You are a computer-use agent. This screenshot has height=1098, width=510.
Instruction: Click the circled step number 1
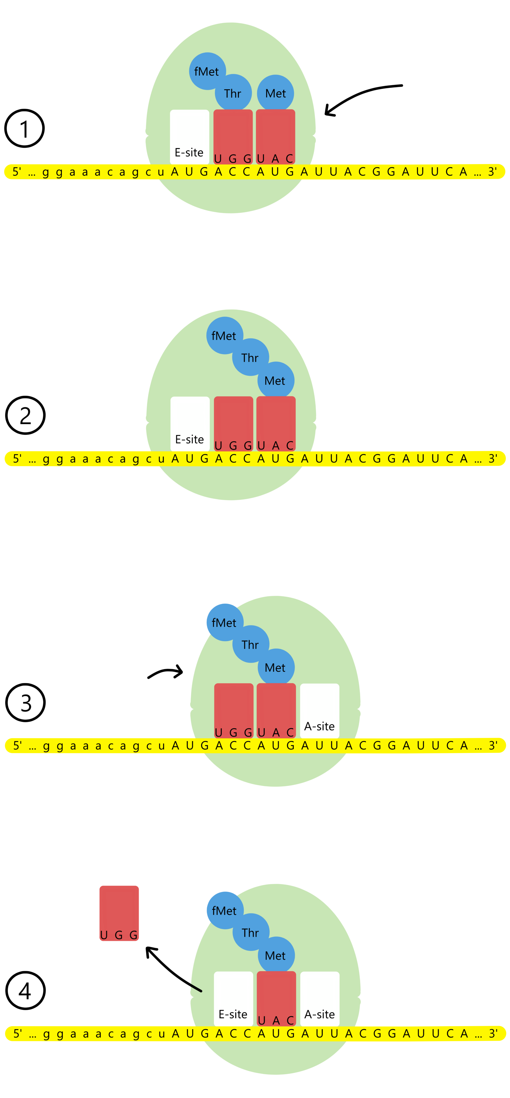point(24,128)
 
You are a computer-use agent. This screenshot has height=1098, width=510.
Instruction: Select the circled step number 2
point(25,415)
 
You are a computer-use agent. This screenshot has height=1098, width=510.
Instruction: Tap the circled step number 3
point(25,702)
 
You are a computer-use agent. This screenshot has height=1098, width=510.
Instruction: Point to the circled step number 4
point(25,990)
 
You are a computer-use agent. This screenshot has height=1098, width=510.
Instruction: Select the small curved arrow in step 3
point(165,672)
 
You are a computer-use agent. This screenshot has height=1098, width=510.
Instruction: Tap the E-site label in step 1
point(189,152)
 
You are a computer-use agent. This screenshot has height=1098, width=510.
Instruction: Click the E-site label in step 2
point(190,439)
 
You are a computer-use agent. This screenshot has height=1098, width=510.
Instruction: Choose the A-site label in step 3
point(320,726)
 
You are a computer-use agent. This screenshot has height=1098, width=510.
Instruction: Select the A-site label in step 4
point(320,1014)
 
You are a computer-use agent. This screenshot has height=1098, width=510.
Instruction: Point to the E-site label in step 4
point(233,1014)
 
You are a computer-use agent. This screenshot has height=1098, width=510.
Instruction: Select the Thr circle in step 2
point(250,357)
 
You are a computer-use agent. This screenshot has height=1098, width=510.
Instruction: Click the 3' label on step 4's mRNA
point(493,1033)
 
